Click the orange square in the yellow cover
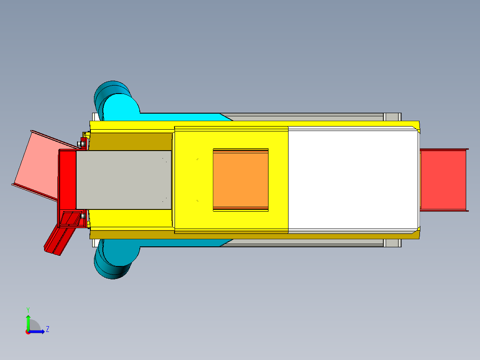click(x=240, y=180)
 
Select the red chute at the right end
click(x=443, y=180)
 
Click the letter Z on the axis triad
click(x=47, y=329)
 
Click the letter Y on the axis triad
click(x=28, y=309)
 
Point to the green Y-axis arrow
click(x=28, y=321)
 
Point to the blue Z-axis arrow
click(x=38, y=331)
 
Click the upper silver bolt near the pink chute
click(x=82, y=143)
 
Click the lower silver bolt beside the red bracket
click(x=83, y=216)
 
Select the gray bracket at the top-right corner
click(x=392, y=117)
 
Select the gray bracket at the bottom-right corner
click(x=392, y=243)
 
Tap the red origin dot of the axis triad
click(x=28, y=331)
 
